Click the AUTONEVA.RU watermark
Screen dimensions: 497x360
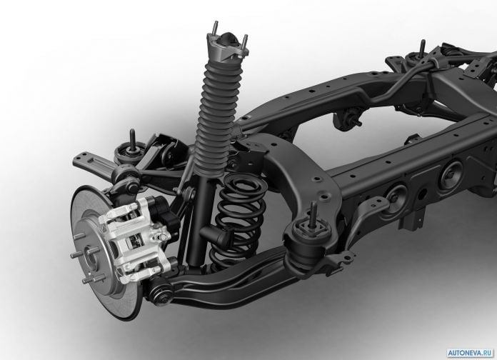click(471, 353)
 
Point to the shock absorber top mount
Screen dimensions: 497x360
click(226, 46)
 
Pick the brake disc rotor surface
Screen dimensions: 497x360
click(104, 254)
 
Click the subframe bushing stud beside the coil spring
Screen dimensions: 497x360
click(313, 215)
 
